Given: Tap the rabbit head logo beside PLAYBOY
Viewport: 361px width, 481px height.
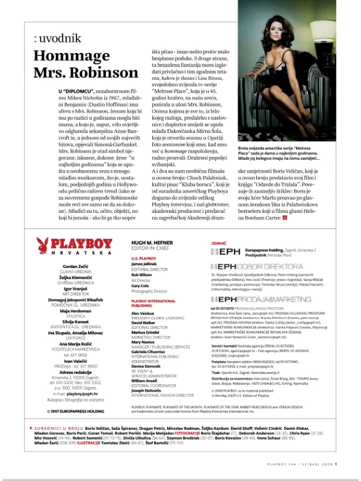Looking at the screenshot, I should coord(42,244).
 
